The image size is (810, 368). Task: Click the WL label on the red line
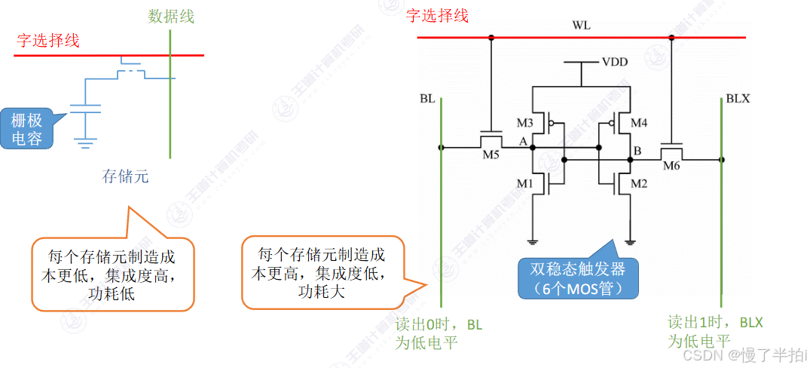(581, 26)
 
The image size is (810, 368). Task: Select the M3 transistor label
(525, 122)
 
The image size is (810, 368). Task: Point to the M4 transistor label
(638, 122)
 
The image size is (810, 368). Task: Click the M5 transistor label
(491, 155)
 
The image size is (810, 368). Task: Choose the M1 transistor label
(525, 183)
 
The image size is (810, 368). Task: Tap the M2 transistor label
(639, 183)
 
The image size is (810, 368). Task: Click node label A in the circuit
(523, 140)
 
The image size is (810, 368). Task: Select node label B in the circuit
(637, 152)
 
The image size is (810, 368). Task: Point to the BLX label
(738, 99)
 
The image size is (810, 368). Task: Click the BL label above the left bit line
(427, 99)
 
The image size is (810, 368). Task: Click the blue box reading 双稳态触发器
(578, 278)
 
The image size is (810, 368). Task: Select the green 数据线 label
(171, 17)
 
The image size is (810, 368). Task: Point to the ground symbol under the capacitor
(86, 140)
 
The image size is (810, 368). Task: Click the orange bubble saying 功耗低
(113, 274)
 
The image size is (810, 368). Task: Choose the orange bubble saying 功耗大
(322, 271)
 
